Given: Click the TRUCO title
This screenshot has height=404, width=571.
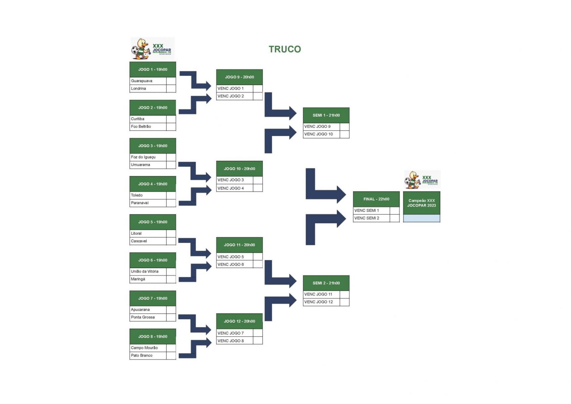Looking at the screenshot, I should [284, 49].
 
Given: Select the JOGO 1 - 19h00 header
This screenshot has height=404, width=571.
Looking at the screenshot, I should [153, 69].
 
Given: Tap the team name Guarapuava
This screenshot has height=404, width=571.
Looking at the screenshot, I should [142, 81].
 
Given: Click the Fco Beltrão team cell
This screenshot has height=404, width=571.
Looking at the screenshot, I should [141, 127].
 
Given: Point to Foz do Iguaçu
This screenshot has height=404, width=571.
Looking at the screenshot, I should [143, 157].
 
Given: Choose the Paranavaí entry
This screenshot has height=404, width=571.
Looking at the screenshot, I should [140, 203].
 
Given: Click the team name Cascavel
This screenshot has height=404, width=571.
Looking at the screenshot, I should [139, 241].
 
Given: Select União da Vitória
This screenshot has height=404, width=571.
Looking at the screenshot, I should [145, 271].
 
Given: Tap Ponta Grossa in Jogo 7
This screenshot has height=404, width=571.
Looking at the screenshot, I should [143, 317].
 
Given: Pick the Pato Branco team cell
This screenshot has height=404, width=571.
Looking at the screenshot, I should [142, 356].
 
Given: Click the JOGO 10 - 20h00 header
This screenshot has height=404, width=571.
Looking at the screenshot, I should [239, 169].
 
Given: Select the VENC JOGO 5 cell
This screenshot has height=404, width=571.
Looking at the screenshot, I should [231, 257].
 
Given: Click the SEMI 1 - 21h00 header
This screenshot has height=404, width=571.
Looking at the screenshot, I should [326, 115].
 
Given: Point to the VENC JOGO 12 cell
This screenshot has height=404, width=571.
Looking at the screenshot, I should [318, 302].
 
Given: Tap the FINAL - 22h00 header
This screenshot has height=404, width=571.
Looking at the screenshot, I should [376, 199].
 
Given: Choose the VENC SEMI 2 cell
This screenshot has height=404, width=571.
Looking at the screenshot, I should [367, 218].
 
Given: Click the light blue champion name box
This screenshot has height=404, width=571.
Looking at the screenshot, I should [422, 218].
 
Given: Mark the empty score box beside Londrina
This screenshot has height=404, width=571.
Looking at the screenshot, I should [171, 89].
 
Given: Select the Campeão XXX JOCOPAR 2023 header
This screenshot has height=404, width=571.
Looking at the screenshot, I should [422, 203].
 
